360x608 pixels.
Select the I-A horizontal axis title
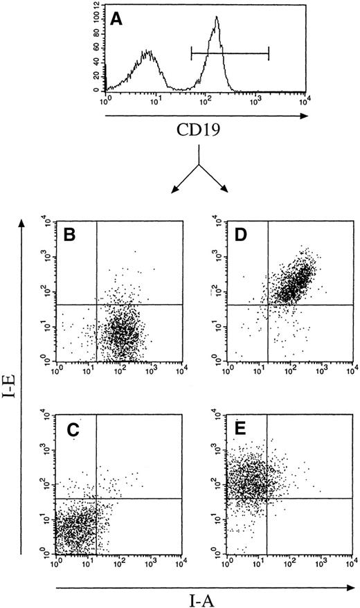[x=204, y=592]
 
